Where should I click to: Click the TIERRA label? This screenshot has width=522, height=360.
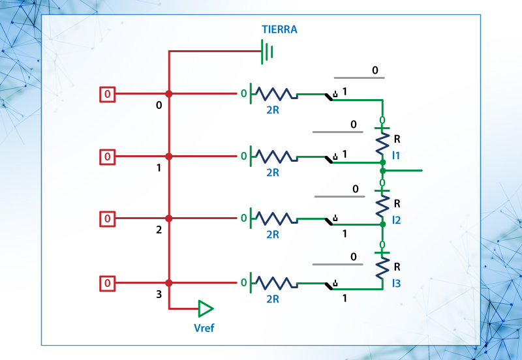(279, 30)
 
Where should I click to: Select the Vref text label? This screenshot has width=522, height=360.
(204, 328)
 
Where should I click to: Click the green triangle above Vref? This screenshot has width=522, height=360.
(206, 308)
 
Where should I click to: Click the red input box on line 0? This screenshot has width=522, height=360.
(108, 95)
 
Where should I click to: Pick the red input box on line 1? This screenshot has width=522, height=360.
(108, 157)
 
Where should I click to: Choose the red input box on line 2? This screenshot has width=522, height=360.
(108, 218)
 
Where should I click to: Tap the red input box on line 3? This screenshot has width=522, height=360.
(108, 283)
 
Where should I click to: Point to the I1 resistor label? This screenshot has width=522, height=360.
(396, 155)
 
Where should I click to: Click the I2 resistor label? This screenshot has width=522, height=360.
(396, 220)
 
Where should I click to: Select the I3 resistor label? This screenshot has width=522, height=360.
(396, 284)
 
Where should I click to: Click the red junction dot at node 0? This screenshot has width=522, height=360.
(169, 94)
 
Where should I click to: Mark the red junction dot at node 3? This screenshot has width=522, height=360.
(169, 283)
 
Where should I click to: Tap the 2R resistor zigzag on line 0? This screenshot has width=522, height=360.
(274, 94)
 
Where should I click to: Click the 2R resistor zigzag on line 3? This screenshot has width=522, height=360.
(274, 283)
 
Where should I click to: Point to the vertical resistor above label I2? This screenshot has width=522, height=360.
(382, 205)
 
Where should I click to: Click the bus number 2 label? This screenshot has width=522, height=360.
(159, 230)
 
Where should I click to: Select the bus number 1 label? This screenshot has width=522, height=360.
(159, 168)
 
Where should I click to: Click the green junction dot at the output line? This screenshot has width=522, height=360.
(382, 170)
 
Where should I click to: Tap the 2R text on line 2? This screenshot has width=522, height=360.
(273, 235)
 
